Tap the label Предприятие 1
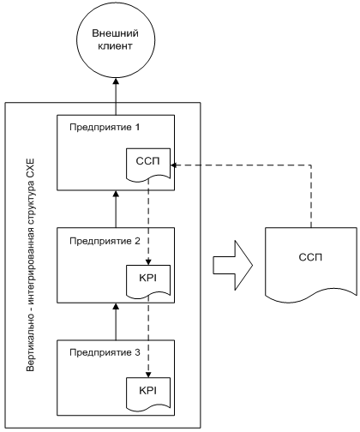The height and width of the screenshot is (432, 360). click(105, 127)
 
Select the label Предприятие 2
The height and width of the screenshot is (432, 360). click(105, 241)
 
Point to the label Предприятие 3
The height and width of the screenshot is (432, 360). click(105, 352)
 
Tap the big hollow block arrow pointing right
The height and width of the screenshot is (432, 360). click(232, 266)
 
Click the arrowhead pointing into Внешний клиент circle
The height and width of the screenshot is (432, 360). click(116, 81)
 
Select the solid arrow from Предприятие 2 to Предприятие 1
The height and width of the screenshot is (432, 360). click(116, 209)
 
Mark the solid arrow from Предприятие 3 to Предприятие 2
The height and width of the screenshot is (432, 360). click(116, 321)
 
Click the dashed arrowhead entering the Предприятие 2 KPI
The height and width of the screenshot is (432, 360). click(148, 261)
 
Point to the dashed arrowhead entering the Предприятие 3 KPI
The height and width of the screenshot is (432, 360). click(148, 375)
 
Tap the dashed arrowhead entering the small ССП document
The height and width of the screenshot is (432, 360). click(174, 165)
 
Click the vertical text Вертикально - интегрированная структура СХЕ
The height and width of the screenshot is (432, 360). click(30, 265)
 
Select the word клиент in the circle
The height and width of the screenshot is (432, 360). click(115, 46)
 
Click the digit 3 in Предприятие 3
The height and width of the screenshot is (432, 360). click(137, 352)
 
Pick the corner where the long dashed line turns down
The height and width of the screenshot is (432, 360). click(311, 165)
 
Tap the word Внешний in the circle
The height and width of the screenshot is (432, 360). click(115, 33)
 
